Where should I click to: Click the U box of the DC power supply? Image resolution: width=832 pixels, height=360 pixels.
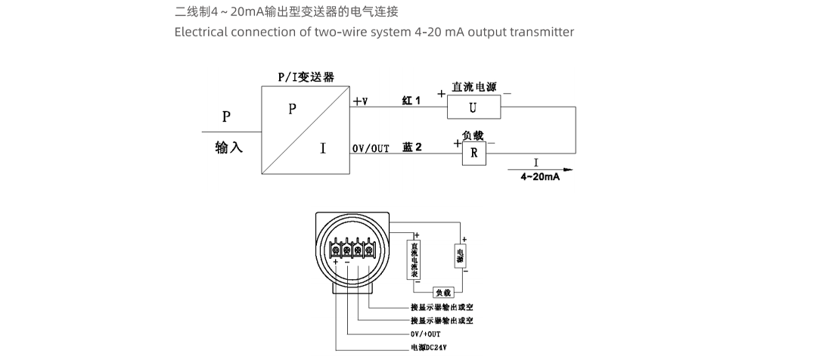(473, 108)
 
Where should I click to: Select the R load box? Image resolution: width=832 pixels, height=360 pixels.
(474, 154)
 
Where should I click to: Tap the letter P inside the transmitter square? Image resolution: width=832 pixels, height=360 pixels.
(292, 109)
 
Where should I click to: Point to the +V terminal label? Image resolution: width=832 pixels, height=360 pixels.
(360, 101)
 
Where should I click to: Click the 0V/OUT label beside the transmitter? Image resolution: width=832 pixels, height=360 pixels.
(371, 148)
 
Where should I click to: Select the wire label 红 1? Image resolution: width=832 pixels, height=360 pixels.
(411, 101)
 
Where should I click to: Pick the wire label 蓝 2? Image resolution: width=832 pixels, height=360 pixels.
(412, 147)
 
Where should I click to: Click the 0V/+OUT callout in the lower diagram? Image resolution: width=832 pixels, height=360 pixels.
(425, 334)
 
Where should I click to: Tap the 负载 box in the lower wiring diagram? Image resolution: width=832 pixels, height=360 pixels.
(442, 292)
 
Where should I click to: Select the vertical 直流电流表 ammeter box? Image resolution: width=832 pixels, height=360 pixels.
(414, 259)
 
